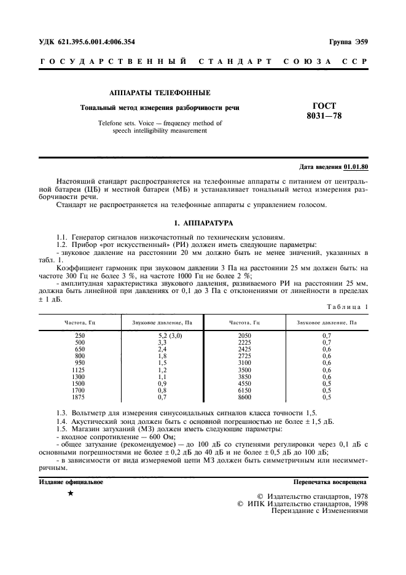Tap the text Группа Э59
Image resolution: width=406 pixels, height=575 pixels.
348,42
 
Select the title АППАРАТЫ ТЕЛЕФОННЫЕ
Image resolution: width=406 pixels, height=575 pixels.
160,93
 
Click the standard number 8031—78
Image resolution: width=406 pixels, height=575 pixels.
324,116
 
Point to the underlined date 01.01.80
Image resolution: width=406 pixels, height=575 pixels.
356,166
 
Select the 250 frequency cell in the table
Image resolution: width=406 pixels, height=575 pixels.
80,336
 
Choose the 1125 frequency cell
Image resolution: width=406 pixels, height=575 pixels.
80,370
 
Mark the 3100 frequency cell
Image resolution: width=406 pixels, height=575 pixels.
244,364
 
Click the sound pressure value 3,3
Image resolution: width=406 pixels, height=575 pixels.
162,343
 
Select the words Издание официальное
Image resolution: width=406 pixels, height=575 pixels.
71,482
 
